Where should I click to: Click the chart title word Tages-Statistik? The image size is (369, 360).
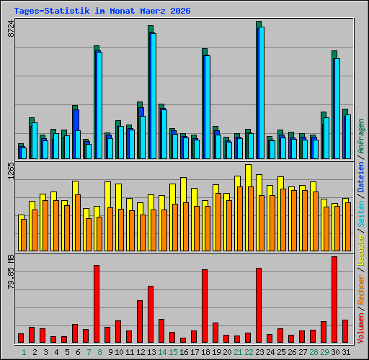pyautogui.click(x=52, y=11)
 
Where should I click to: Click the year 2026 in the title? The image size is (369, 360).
pyautogui.click(x=180, y=11)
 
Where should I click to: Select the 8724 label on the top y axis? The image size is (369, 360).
pyautogui.click(x=11, y=28)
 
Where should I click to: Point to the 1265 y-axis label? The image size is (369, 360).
pyautogui.click(x=11, y=171)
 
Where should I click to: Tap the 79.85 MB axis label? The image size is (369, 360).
pyautogui.click(x=11, y=272)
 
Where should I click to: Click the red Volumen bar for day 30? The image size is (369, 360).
pyautogui.click(x=334, y=300)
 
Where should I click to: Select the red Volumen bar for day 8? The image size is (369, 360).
pyautogui.click(x=97, y=304)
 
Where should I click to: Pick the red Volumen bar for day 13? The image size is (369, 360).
pyautogui.click(x=151, y=314)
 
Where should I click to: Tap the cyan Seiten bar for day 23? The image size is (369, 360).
pyautogui.click(x=262, y=93)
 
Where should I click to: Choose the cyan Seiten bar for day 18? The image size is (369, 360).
pyautogui.click(x=208, y=107)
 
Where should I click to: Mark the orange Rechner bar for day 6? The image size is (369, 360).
pyautogui.click(x=78, y=222)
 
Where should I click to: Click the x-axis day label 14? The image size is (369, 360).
pyautogui.click(x=162, y=352)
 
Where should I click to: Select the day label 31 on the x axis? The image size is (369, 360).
pyautogui.click(x=346, y=352)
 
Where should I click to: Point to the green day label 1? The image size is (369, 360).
pyautogui.click(x=24, y=352)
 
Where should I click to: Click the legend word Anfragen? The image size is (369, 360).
pyautogui.click(x=361, y=136)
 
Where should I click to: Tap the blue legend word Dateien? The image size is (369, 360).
pyautogui.click(x=361, y=177)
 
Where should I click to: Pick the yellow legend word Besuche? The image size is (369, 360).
pyautogui.click(x=361, y=251)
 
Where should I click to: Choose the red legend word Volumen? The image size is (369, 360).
pyautogui.click(x=361, y=328)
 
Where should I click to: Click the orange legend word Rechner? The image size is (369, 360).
pyautogui.click(x=361, y=289)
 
